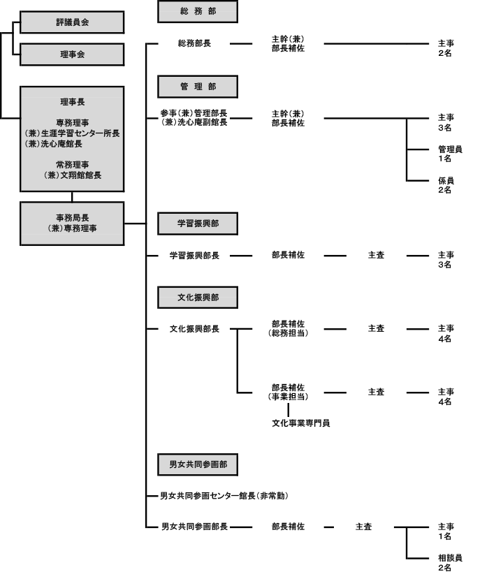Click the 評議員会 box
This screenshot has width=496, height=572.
(72, 22)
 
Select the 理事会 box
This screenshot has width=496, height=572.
(72, 54)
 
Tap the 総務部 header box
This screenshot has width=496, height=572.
(198, 11)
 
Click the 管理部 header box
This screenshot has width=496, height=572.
(198, 87)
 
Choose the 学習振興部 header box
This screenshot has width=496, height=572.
(198, 223)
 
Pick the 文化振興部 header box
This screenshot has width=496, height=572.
(198, 298)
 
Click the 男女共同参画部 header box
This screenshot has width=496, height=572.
(198, 464)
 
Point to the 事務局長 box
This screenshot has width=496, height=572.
(72, 223)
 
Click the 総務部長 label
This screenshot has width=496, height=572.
(194, 43)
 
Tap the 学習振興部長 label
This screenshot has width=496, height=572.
(194, 256)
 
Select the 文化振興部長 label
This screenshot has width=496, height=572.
(194, 329)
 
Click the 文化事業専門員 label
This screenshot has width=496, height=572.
(301, 423)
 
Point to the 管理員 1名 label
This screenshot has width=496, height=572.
(451, 154)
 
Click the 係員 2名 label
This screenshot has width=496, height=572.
(446, 185)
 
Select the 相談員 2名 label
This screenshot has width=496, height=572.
(451, 562)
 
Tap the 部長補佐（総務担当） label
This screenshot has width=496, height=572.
(288, 328)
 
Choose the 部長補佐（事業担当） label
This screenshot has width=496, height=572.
(288, 392)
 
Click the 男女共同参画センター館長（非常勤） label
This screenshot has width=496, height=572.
(224, 496)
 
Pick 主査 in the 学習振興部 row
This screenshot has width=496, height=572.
(377, 255)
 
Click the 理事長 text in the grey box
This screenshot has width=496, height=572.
(72, 102)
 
